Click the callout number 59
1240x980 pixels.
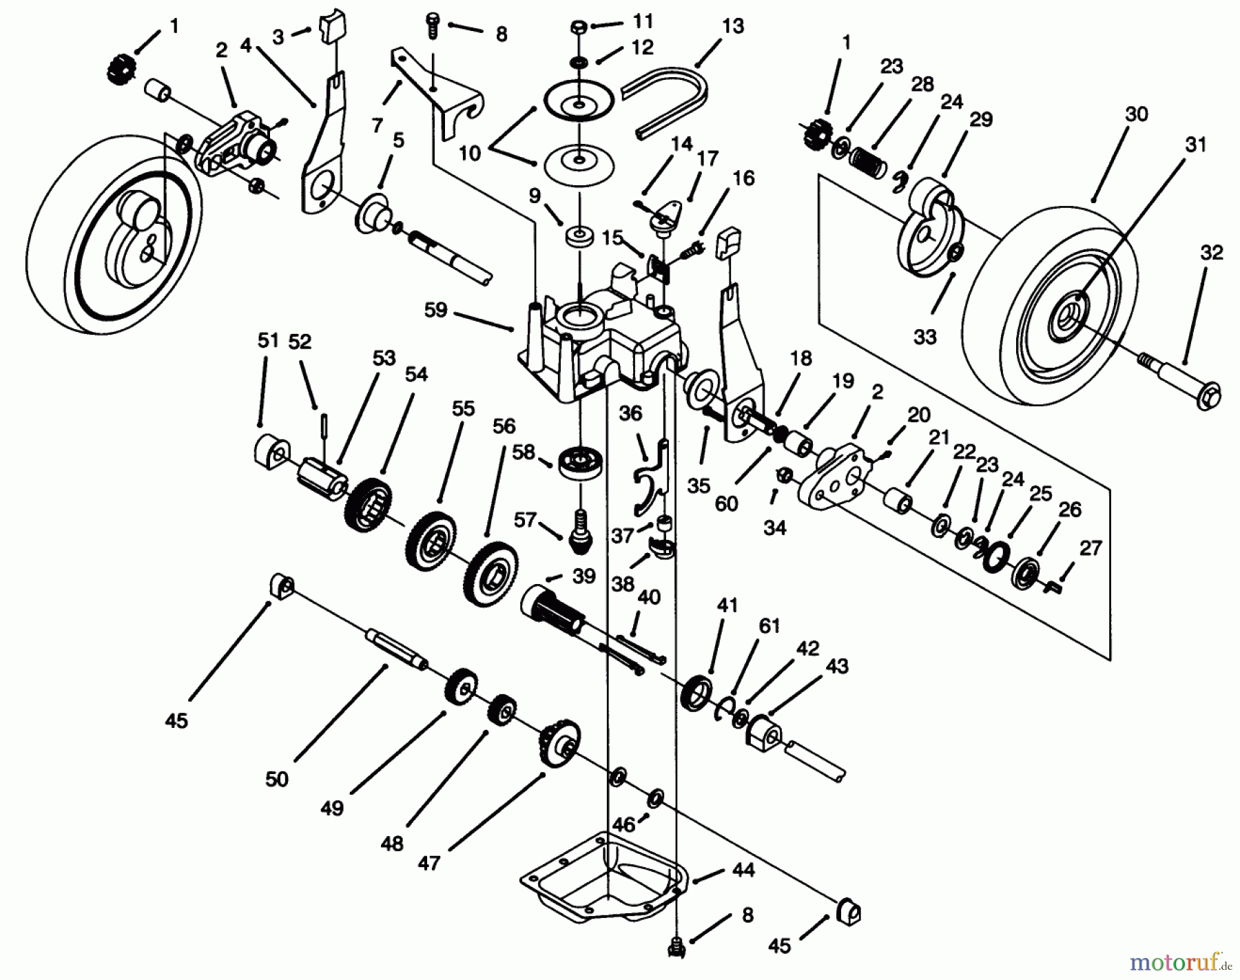point(435,311)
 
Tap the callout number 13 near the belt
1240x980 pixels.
point(733,27)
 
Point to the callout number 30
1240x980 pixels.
point(1136,114)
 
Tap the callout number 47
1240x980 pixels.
point(428,862)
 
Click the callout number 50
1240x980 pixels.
point(277,780)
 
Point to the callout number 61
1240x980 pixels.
point(769,626)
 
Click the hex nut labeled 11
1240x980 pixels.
point(579,29)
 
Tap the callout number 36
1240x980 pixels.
point(630,413)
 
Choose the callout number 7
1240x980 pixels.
point(377,125)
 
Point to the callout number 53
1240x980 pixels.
point(384,359)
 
